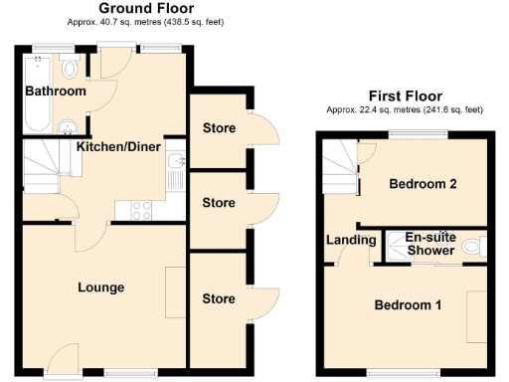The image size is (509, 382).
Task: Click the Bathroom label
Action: pos(57,92)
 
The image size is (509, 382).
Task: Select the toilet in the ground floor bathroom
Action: pos(69,68)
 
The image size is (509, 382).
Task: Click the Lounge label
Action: pos(101,288)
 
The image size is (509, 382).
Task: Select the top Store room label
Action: pos(218,128)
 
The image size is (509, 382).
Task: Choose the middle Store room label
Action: pos(218,203)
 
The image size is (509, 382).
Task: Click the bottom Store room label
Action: pos(218,298)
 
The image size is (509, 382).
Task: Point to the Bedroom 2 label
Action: pos(423,184)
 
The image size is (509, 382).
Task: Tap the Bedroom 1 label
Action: pos(408,304)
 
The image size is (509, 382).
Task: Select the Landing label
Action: pos(351,240)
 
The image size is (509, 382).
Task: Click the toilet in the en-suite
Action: pos(474,246)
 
